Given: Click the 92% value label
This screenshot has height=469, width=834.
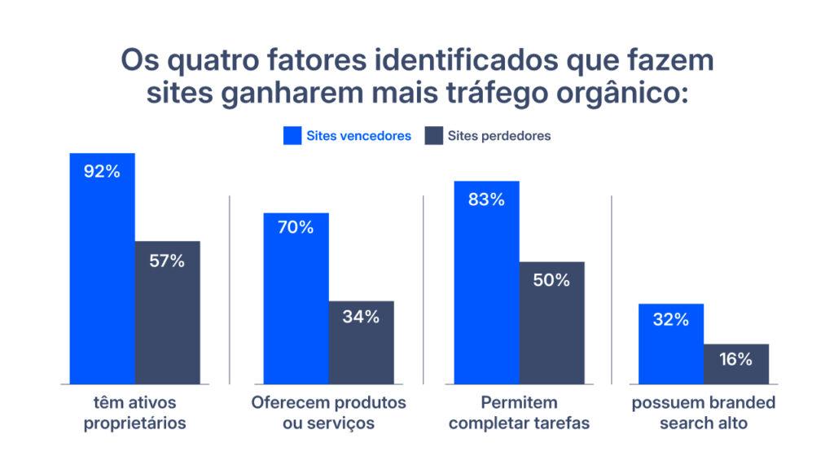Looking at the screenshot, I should tap(103, 172).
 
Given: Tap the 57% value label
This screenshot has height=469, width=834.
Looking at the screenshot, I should tap(167, 261).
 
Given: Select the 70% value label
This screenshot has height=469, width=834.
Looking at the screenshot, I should tap(296, 227).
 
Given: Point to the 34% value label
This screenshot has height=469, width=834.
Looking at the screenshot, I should tap(361, 317).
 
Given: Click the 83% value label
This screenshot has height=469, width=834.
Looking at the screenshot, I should tap(486, 199).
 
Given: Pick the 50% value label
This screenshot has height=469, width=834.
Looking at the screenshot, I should tap(551, 280).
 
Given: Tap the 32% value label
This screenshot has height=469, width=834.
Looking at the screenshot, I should tap(670, 319).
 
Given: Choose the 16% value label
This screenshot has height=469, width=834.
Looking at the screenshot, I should tap(735, 359).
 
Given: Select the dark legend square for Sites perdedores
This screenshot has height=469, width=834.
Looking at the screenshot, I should tap(433, 136).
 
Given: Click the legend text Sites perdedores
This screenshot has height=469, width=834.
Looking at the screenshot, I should tap(499, 136).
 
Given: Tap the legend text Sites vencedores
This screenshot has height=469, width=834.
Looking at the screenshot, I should tap(358, 136).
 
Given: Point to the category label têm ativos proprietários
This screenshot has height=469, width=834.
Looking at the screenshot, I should tap(135, 413).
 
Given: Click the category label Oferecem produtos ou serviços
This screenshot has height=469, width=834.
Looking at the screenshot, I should tap(328, 413).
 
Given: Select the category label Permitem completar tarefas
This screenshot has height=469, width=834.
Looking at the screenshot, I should tap(519, 413).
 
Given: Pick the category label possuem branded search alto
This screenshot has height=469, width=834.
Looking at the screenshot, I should tap(704, 413).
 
